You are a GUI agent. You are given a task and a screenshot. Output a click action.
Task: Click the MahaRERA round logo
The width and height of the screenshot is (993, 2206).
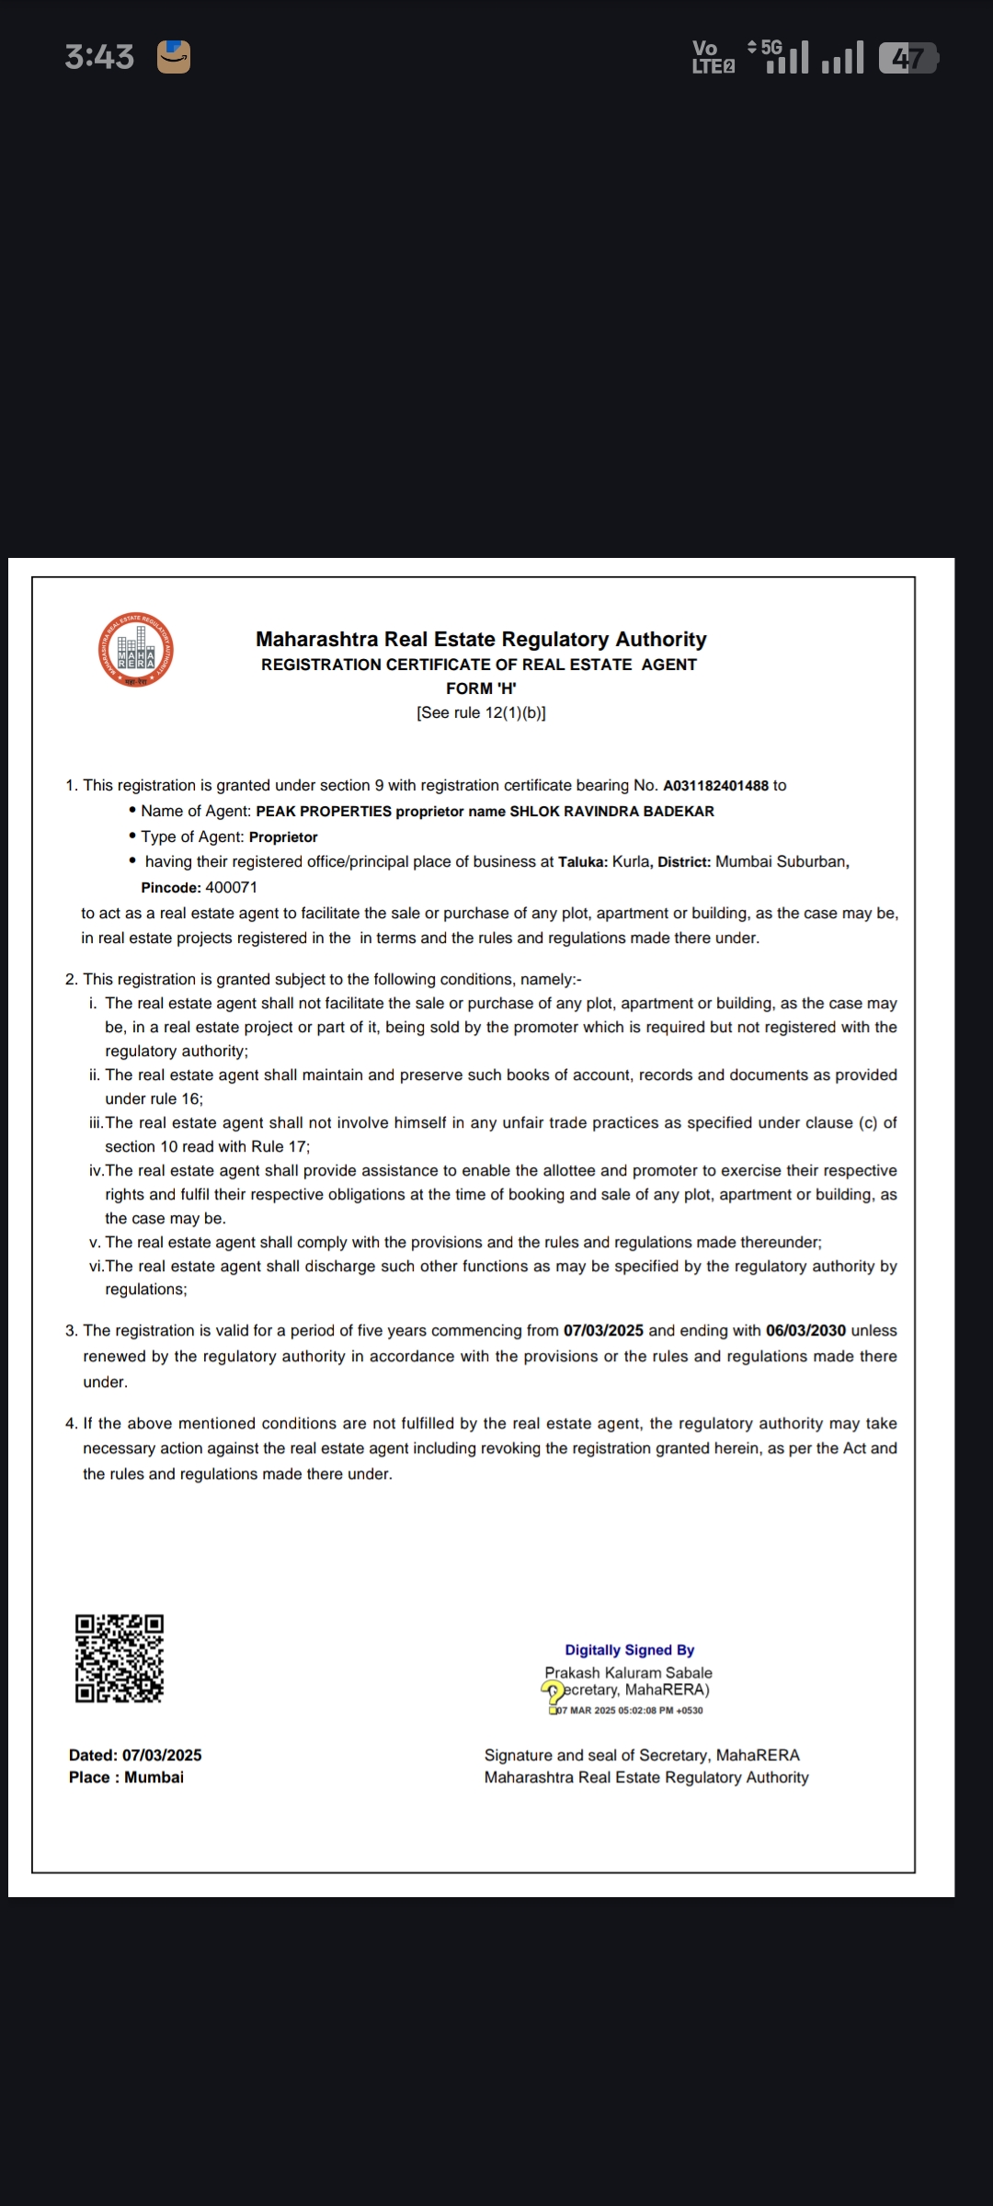click(x=136, y=650)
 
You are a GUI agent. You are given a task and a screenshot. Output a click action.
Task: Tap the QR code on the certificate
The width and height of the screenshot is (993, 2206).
click(x=120, y=1658)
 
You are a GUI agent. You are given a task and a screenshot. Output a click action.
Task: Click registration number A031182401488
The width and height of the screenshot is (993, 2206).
click(x=715, y=786)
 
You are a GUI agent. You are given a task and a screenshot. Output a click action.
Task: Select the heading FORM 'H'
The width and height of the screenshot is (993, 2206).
click(x=481, y=688)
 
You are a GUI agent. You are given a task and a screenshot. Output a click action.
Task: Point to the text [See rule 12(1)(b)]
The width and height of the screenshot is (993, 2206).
click(x=481, y=712)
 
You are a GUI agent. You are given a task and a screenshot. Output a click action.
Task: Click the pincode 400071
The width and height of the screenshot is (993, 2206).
click(x=232, y=888)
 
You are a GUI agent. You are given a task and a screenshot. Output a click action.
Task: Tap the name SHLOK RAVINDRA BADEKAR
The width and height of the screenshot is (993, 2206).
click(x=611, y=812)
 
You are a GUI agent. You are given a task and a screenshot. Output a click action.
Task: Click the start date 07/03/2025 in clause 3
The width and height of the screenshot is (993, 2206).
click(x=603, y=1331)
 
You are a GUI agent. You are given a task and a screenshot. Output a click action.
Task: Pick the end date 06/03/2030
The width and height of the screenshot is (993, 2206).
click(x=805, y=1331)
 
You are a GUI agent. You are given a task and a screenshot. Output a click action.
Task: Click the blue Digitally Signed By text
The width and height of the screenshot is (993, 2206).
click(x=630, y=1650)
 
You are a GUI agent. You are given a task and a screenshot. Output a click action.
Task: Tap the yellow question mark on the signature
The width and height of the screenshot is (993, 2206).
click(x=553, y=1691)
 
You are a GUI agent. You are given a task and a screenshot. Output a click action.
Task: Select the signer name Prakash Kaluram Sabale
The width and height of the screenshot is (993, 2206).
click(x=628, y=1673)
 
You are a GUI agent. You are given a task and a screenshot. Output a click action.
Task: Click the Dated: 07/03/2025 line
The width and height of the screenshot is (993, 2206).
click(x=135, y=1755)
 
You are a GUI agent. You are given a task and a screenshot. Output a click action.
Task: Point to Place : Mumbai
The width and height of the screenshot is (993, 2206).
click(x=126, y=1778)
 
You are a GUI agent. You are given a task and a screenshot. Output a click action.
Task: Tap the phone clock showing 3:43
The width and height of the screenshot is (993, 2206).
click(x=99, y=57)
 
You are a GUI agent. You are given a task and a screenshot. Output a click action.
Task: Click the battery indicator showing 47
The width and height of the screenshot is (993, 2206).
click(x=907, y=59)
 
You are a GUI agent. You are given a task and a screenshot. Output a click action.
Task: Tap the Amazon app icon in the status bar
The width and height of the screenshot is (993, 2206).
click(x=174, y=57)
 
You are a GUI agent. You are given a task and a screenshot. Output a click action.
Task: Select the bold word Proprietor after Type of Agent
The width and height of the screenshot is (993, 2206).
click(x=283, y=837)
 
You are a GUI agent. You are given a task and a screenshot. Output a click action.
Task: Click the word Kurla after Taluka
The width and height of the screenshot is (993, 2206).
click(x=631, y=862)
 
